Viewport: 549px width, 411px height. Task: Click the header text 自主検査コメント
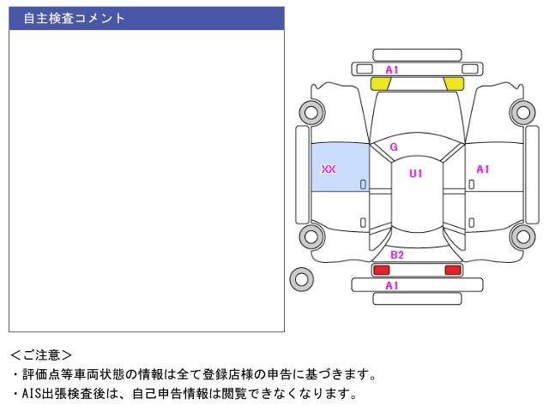(x=74, y=18)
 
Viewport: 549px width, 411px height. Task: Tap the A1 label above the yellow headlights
(x=392, y=69)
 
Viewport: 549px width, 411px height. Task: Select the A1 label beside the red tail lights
(x=392, y=285)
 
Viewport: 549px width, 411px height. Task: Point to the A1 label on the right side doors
(x=483, y=170)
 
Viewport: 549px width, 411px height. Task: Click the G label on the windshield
(x=394, y=147)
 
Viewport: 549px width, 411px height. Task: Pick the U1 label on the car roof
(x=416, y=174)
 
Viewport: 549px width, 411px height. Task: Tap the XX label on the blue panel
(x=328, y=170)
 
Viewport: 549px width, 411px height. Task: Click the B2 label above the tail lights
(x=396, y=255)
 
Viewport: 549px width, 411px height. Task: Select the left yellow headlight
(x=381, y=83)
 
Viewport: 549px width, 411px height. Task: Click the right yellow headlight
(x=454, y=83)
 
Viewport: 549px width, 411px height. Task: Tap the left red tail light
(x=380, y=270)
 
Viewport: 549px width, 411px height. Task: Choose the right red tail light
(x=452, y=270)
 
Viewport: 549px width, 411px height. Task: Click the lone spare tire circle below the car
(x=301, y=278)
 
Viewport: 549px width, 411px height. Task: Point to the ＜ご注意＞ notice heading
(x=41, y=354)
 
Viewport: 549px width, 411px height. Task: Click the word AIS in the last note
(x=31, y=394)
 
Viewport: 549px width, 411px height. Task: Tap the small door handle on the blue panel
(x=363, y=184)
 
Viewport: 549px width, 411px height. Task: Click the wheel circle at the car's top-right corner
(x=522, y=111)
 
